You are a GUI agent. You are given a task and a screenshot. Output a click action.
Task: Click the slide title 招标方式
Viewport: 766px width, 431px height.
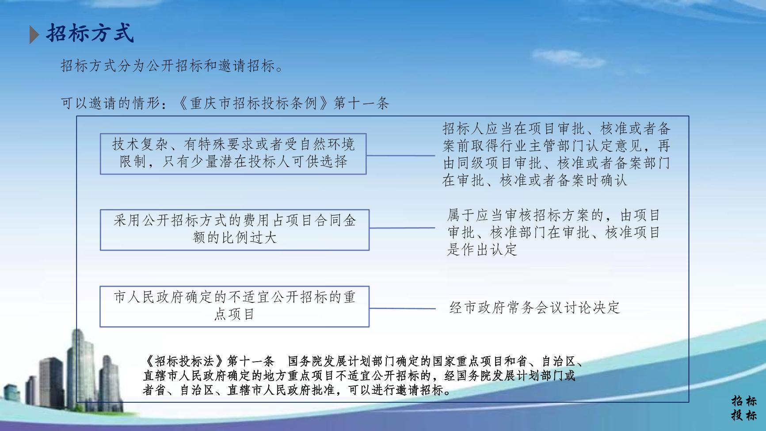(x=90, y=34)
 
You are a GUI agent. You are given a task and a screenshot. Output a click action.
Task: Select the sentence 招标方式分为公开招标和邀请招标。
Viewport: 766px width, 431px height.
(x=171, y=66)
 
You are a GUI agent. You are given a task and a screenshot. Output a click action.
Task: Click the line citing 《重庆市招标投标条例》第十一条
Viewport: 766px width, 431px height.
(x=225, y=103)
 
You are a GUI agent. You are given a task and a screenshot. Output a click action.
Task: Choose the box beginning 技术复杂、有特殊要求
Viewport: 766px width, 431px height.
(x=233, y=153)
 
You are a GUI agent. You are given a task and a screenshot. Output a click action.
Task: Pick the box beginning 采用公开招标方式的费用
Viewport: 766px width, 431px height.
(x=235, y=230)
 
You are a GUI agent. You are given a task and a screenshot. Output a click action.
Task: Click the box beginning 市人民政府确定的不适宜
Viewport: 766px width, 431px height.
(x=235, y=306)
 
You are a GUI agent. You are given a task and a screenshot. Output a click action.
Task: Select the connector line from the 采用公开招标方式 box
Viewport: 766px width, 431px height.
(x=402, y=228)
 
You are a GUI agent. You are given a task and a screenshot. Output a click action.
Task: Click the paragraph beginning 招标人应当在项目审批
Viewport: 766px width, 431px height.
(x=556, y=155)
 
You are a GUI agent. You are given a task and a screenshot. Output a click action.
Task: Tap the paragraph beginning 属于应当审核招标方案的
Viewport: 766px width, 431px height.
(x=553, y=233)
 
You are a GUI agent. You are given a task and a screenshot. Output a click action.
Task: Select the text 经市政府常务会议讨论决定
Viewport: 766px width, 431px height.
(x=534, y=307)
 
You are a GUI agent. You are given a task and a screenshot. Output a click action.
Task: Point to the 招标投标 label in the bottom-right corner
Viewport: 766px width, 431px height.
(x=744, y=408)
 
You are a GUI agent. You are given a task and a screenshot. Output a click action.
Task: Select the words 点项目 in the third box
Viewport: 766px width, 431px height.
(x=234, y=314)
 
